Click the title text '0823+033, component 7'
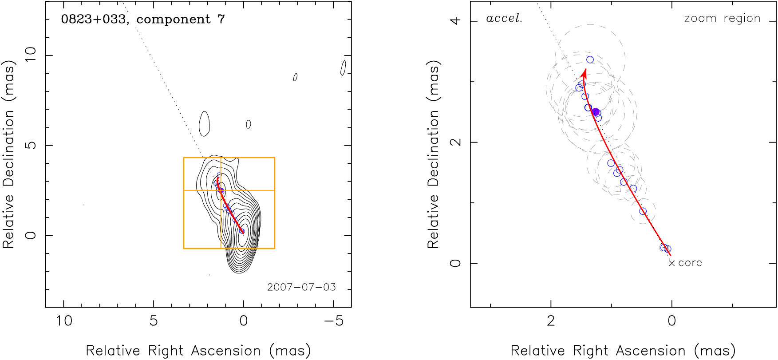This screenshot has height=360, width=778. (x=143, y=20)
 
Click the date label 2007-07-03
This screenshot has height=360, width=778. (x=301, y=287)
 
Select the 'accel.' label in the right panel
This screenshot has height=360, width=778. (x=504, y=19)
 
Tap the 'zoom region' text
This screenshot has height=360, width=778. (x=722, y=19)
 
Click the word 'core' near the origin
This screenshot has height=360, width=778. (x=690, y=263)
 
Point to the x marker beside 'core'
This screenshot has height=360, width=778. (x=672, y=263)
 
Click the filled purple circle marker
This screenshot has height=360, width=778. (x=596, y=112)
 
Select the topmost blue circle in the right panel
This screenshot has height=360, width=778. (x=590, y=59)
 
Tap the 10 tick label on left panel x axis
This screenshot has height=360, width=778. (x=64, y=321)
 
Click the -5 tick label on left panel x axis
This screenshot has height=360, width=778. (x=334, y=321)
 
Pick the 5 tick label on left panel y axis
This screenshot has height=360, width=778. (x=31, y=145)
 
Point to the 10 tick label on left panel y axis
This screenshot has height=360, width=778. (x=31, y=55)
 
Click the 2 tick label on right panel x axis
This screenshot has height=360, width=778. (x=551, y=321)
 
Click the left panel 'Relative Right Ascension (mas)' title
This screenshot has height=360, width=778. (x=198, y=351)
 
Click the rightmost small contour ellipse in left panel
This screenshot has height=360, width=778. (x=343, y=67)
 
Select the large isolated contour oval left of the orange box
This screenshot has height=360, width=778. (x=204, y=123)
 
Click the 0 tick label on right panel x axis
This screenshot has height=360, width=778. (x=671, y=321)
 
